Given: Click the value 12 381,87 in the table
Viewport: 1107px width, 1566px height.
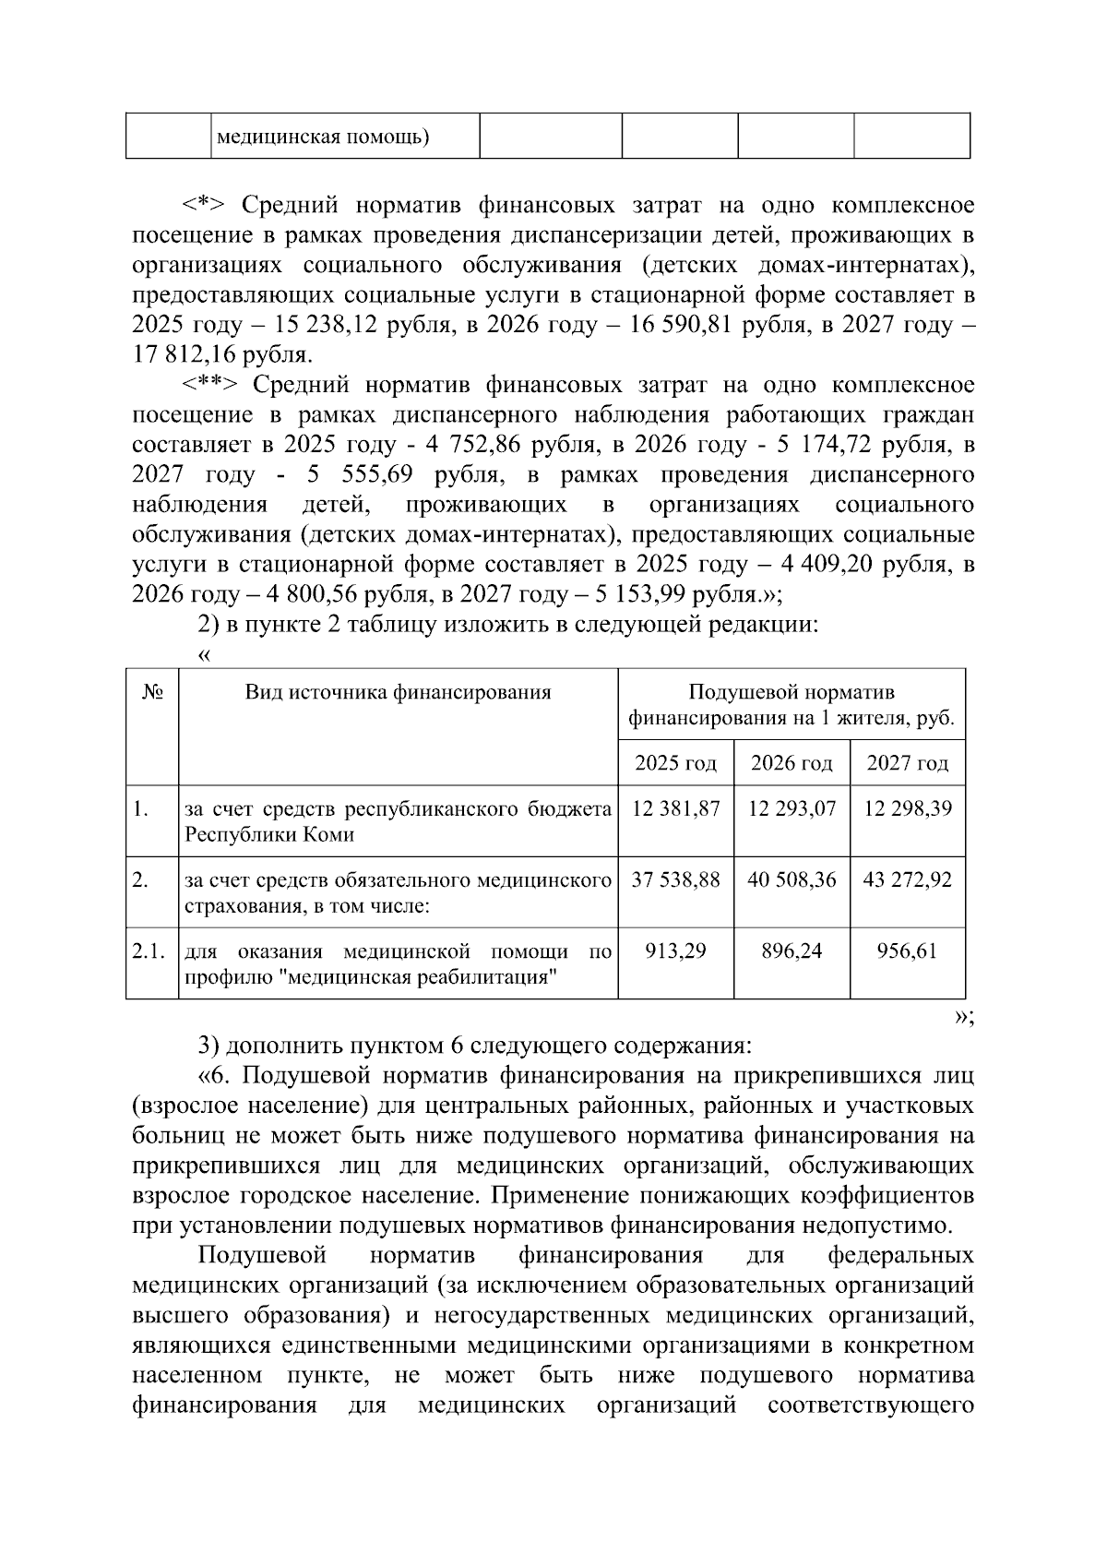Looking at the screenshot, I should (x=675, y=808).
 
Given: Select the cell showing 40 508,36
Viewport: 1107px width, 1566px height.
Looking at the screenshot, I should (x=792, y=879).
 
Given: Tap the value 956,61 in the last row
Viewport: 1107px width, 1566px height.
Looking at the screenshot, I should (x=907, y=950).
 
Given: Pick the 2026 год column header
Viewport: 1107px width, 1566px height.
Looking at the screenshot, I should (x=792, y=763).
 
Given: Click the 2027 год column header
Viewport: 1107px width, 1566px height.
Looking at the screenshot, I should (x=907, y=763).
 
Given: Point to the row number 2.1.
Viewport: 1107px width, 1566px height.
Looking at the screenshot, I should (x=149, y=950).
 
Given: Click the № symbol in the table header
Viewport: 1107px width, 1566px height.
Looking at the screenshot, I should (x=152, y=692).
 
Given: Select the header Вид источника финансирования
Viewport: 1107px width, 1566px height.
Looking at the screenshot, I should (x=398, y=692).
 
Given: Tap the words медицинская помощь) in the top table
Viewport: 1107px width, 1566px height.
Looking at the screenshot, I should (x=323, y=137).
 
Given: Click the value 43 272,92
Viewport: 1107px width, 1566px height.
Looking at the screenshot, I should (x=907, y=879).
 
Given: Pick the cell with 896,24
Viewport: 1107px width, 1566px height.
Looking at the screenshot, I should (x=792, y=950).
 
